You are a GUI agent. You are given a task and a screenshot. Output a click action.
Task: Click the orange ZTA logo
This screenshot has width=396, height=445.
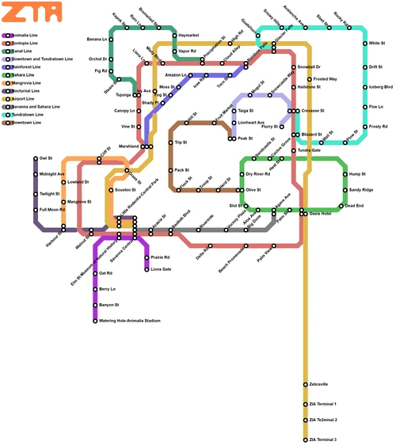point(32,12)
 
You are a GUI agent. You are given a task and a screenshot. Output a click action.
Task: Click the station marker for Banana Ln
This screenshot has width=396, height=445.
point(111,39)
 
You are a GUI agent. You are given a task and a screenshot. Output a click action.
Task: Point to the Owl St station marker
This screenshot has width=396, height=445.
point(36,158)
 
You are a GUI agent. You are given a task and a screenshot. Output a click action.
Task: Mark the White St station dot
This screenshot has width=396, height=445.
point(365,44)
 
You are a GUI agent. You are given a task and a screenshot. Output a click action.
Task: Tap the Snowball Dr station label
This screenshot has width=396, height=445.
point(314,67)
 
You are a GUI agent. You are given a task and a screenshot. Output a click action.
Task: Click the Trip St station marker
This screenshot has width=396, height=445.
point(170,143)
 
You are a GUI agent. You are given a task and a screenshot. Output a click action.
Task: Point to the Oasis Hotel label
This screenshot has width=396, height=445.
point(320,213)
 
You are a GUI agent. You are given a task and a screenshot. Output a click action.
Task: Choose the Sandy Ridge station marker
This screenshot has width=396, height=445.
point(345,190)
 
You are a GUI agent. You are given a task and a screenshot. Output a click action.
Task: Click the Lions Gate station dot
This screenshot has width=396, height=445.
point(147,269)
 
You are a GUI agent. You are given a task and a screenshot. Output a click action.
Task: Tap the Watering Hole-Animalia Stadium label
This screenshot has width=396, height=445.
point(130,321)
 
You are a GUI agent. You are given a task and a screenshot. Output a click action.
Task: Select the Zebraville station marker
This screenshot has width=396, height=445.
point(305,384)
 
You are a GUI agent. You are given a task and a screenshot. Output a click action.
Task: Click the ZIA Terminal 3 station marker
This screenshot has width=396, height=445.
point(305,439)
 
